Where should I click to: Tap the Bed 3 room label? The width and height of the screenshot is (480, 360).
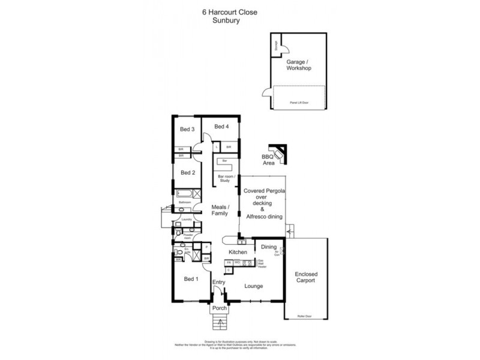click(x=187, y=129)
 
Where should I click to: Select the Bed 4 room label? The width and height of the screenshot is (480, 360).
click(x=221, y=126)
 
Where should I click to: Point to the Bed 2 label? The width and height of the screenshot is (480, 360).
click(x=188, y=172)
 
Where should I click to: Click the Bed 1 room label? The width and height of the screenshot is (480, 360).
click(x=190, y=280)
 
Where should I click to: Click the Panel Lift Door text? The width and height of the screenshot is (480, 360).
click(x=299, y=103)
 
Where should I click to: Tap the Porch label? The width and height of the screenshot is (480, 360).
click(x=220, y=308)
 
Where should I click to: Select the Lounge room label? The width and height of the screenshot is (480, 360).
click(x=253, y=286)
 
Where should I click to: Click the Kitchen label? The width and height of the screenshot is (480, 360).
click(x=238, y=252)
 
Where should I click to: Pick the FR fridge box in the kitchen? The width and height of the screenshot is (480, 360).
click(x=229, y=263)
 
